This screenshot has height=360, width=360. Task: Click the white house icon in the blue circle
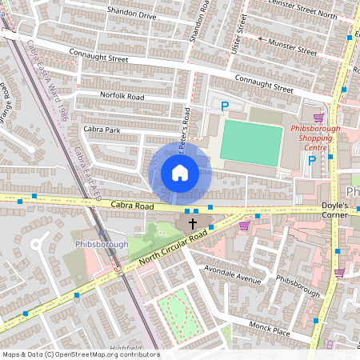coord(180,172)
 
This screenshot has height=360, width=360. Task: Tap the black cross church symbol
coord(192,224)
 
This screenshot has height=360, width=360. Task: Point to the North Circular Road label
coord(171,248)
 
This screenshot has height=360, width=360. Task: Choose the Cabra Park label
coord(101,129)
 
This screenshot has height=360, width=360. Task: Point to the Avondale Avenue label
coord(233,275)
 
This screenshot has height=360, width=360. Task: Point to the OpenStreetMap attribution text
coord(80,354)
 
